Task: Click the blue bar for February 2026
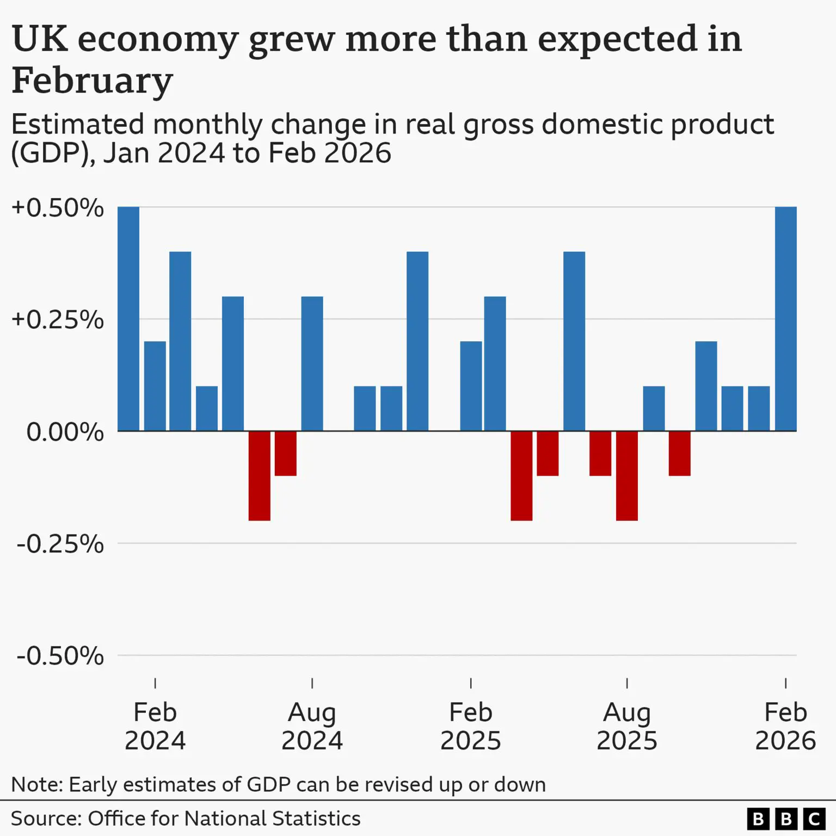pos(785,319)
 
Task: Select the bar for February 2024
pos(155,386)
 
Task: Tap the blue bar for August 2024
pos(312,364)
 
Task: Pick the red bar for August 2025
pos(627,476)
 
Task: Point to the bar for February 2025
pos(471,386)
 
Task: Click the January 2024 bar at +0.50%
pos(128,319)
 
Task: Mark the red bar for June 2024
pos(259,476)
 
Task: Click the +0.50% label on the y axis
pos(58,208)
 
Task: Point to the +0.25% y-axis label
pos(58,320)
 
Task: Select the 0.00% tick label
pos(65,432)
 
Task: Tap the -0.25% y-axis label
pos(60,544)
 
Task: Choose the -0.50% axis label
pos(60,656)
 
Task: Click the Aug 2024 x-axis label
pos(312,726)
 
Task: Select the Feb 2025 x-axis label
pos(471,726)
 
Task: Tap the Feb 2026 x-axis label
pos(785,726)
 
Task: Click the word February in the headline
pos(92,81)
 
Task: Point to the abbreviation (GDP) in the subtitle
pos(49,153)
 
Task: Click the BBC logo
pos(785,819)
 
